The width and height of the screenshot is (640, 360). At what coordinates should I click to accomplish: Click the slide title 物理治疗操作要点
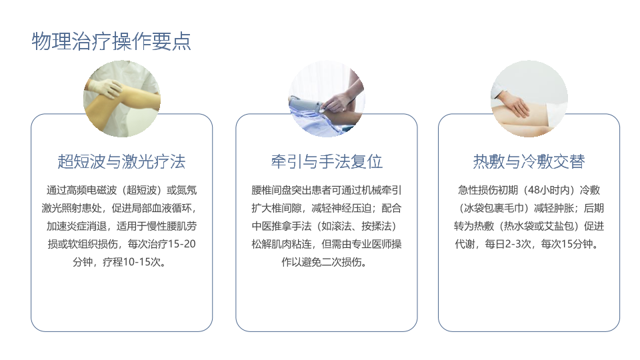point(111,41)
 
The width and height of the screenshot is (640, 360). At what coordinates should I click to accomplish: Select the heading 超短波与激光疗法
point(121,161)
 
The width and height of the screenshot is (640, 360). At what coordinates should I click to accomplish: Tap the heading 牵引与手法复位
point(327,161)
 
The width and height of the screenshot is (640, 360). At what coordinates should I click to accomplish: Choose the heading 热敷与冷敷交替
point(529,161)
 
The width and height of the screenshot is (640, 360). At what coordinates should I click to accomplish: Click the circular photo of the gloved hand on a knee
point(122,99)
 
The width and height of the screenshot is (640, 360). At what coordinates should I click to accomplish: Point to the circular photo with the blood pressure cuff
point(327,99)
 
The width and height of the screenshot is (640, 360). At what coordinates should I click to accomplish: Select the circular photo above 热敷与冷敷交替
point(529,99)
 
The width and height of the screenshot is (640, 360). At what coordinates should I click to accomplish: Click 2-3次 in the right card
point(518,244)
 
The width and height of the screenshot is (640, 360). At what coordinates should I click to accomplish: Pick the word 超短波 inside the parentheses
point(141,190)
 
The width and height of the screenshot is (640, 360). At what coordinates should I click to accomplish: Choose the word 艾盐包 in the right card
point(559,226)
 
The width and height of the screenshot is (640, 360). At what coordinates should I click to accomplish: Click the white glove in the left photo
point(105,88)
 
